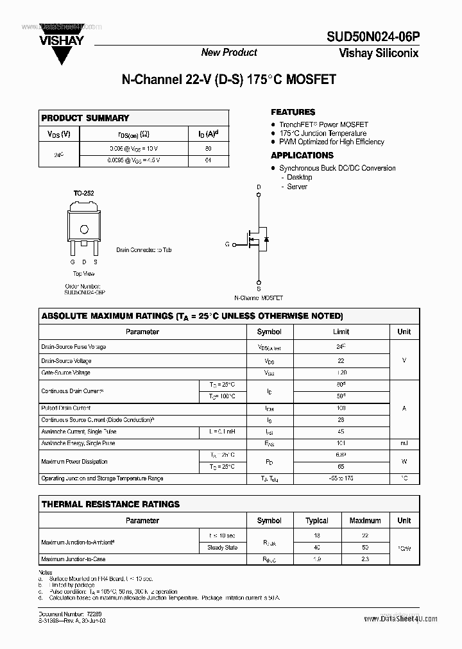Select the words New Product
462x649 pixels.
[229, 53]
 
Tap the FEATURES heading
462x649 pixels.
[293, 112]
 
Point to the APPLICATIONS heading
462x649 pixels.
[302, 155]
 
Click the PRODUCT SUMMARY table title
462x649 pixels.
[85, 118]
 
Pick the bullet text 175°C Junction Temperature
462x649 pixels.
[323, 133]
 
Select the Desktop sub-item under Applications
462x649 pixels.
[299, 177]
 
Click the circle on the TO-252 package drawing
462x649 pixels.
[83, 230]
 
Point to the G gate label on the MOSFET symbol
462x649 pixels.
[227, 244]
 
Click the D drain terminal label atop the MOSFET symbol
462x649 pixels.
[259, 188]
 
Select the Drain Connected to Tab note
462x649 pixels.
[144, 250]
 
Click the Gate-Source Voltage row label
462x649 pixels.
[65, 373]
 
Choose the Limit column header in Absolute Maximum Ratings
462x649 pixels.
[341, 332]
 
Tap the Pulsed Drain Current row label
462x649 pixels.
[65, 408]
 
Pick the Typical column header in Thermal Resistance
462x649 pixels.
[316, 521]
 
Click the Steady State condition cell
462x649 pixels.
[221, 547]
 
